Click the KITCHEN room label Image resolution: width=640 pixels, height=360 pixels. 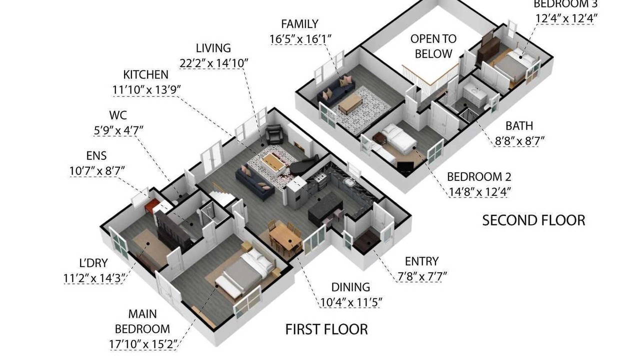click(145, 75)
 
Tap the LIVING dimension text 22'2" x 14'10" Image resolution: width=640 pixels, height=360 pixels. click(213, 63)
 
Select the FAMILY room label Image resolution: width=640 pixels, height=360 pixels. click(299, 24)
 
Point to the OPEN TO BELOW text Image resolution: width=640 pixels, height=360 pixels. click(433, 46)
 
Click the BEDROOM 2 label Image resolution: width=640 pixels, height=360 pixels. click(479, 177)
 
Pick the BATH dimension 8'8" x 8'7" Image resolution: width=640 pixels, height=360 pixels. click(519, 141)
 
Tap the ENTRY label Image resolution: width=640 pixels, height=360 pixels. click(421, 261)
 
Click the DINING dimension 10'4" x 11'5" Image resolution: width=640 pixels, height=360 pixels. click(351, 302)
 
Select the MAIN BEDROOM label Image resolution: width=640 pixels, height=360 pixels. click(142, 321)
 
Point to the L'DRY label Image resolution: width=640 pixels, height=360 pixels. click(93, 263)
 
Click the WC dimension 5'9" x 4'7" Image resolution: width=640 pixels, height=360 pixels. click(118, 131)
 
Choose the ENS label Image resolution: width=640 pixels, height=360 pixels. click(96, 156)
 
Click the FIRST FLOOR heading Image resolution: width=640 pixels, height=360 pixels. click(326, 329)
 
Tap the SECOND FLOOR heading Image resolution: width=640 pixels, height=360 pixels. click(533, 220)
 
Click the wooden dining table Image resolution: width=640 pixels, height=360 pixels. click(285, 239)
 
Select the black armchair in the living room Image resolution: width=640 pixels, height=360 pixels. click(274, 134)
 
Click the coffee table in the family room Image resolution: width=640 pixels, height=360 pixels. click(350, 103)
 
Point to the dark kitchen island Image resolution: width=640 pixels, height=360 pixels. click(325, 207)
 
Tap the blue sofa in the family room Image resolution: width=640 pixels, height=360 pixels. click(336, 90)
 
